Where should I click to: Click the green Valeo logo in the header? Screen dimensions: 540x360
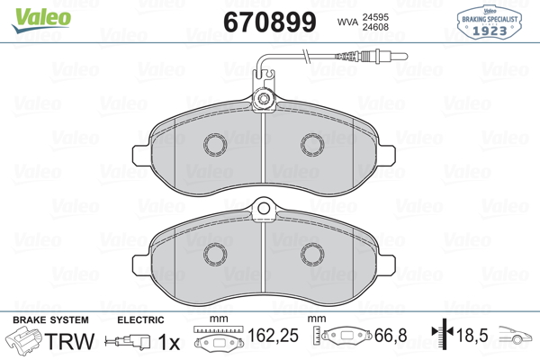(x=41, y=20)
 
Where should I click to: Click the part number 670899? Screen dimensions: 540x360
(x=270, y=22)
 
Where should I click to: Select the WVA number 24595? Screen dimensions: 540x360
(x=375, y=17)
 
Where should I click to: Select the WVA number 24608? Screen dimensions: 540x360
(x=375, y=27)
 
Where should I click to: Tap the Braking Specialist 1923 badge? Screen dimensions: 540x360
(x=489, y=22)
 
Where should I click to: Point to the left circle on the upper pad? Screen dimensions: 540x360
(x=215, y=144)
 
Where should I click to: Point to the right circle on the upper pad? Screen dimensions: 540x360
(x=312, y=144)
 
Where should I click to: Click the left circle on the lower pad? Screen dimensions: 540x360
(x=215, y=255)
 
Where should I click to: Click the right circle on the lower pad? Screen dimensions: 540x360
(x=312, y=255)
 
